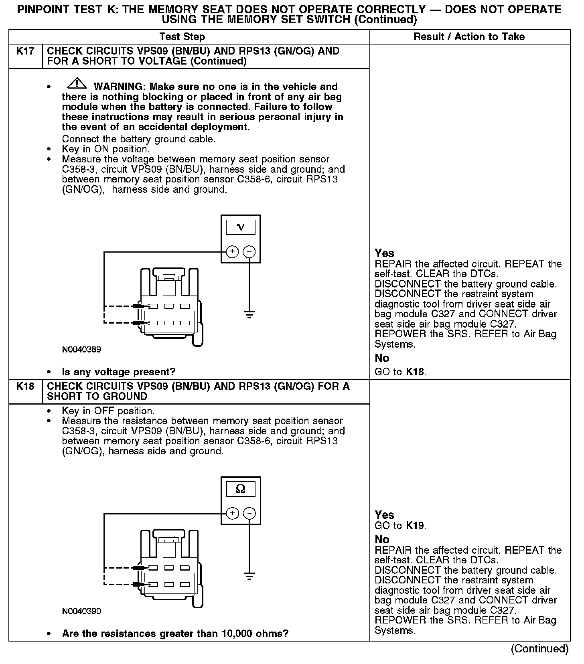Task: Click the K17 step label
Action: [x=25, y=51]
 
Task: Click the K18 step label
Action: [x=25, y=387]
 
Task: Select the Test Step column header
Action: [x=182, y=37]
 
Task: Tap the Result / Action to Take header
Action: [x=469, y=37]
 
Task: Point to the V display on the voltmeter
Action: [x=241, y=227]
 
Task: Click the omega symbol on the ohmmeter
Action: [x=241, y=489]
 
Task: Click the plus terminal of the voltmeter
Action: [x=233, y=252]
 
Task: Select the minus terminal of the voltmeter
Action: [x=249, y=252]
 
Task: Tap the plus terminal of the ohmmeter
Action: [x=233, y=513]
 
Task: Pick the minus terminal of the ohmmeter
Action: [x=249, y=513]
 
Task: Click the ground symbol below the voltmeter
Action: [x=249, y=315]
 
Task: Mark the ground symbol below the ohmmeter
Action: [x=249, y=577]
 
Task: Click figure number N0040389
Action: [x=81, y=350]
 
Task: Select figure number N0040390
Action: [x=81, y=611]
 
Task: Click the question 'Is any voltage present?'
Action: [x=119, y=372]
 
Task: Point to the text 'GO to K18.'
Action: [x=400, y=372]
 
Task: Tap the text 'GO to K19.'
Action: [x=400, y=525]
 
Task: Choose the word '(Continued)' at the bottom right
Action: [x=539, y=649]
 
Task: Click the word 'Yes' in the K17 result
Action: [x=384, y=253]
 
